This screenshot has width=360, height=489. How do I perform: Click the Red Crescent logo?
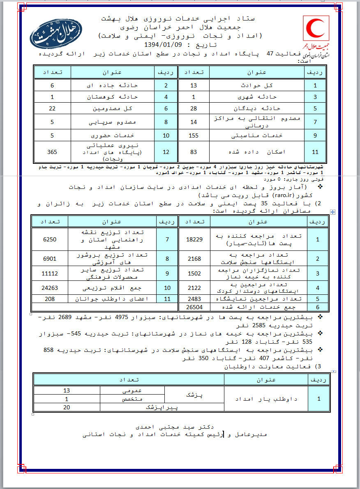(x=316, y=28)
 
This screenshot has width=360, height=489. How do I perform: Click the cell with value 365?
(x=52, y=152)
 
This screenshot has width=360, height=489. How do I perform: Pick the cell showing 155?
(x=194, y=135)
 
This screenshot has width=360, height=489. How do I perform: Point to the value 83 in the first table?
(x=194, y=152)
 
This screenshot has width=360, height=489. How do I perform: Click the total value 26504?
(x=194, y=307)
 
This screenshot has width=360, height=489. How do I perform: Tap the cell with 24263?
(x=49, y=288)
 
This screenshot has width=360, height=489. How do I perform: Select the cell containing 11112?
(x=49, y=273)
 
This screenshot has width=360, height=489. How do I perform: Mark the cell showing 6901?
(x=49, y=259)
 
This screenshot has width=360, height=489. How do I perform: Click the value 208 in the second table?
(x=49, y=299)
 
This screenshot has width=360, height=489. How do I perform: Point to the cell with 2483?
(x=194, y=299)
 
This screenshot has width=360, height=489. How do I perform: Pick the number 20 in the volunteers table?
(x=67, y=407)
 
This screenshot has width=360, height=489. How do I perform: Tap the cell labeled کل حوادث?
(x=256, y=85)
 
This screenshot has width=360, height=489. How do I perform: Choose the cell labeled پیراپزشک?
(x=158, y=407)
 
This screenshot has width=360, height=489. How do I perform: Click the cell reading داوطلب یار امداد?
(x=266, y=399)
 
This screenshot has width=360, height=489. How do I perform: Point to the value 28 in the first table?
(x=194, y=108)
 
